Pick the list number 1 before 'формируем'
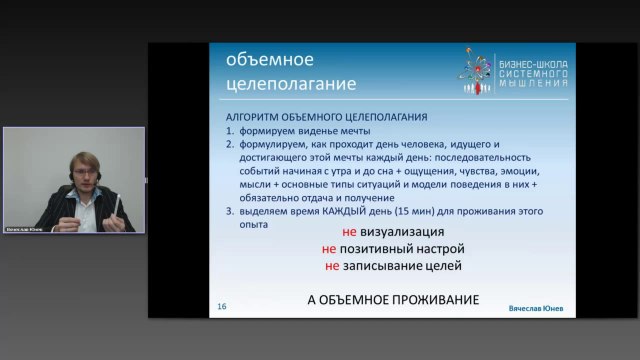[229, 131]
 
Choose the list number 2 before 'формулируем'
[229, 143]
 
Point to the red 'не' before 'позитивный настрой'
[329, 248]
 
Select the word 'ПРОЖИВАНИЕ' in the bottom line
[425, 300]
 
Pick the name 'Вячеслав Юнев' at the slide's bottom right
[535, 309]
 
